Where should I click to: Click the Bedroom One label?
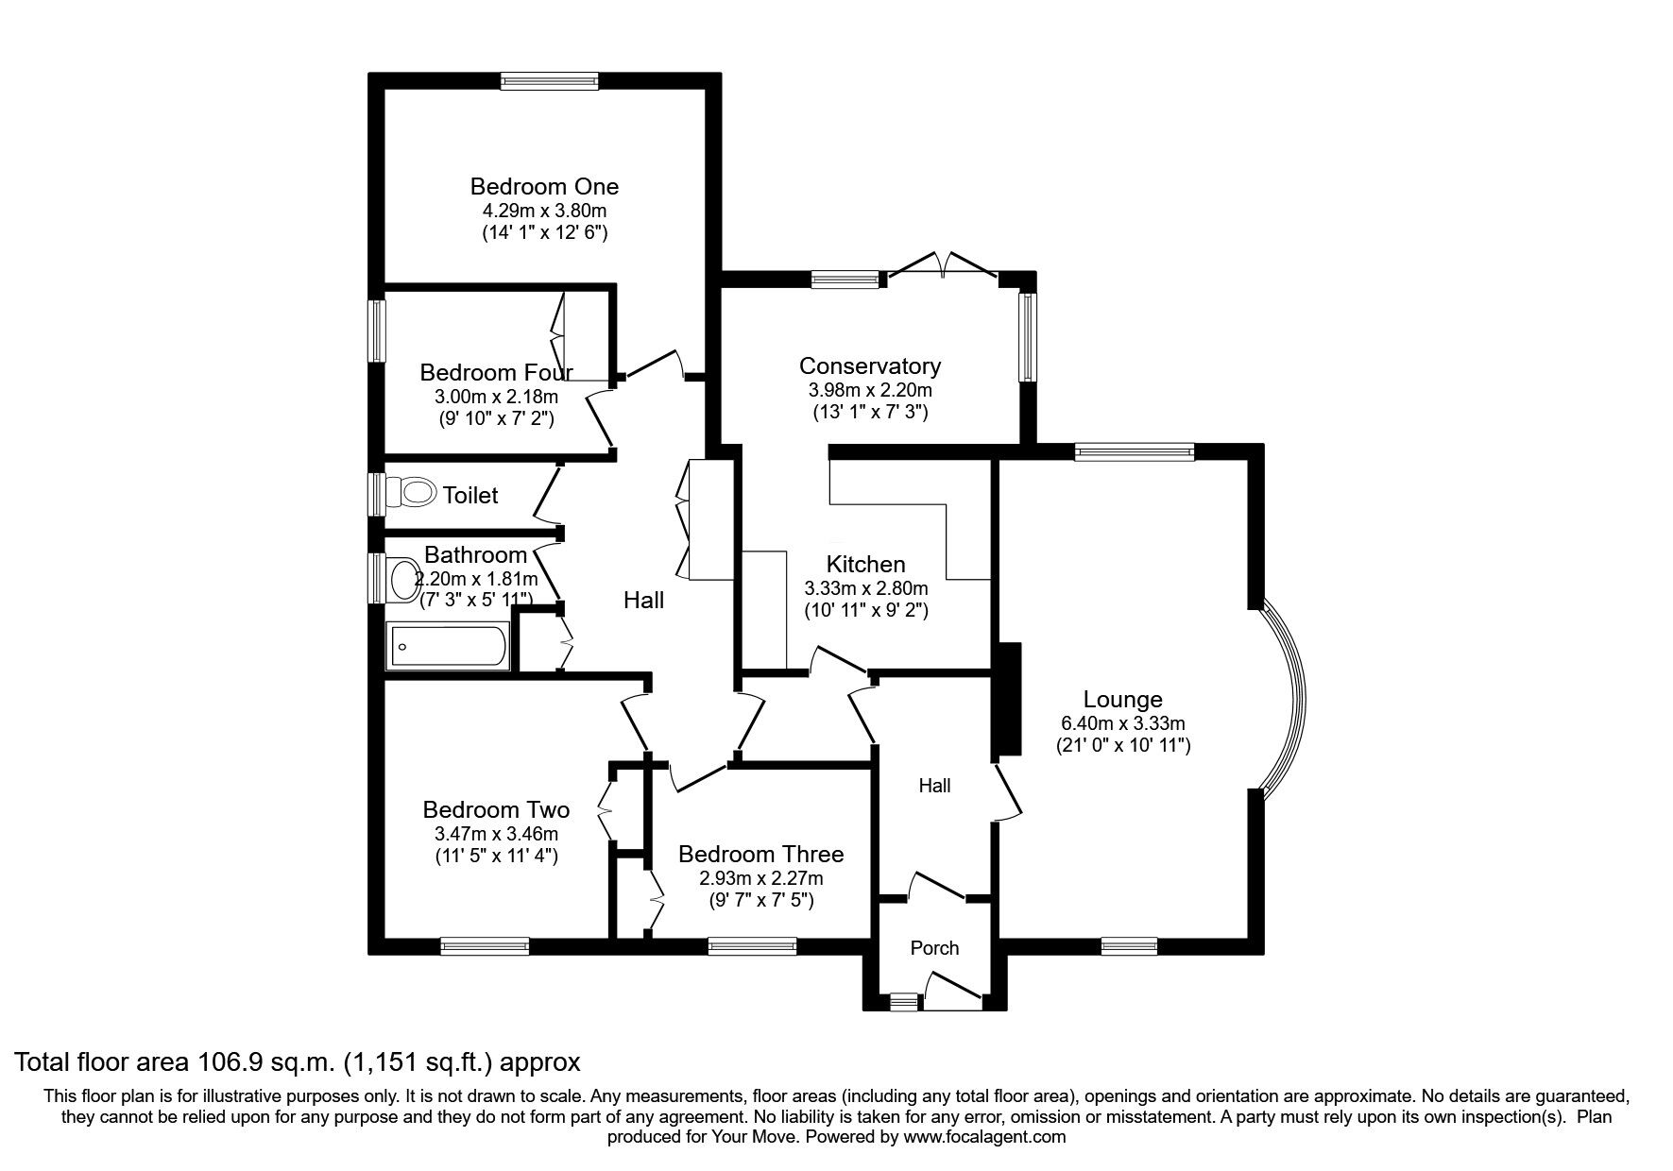(544, 186)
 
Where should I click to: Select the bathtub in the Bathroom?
(448, 647)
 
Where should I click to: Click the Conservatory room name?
(870, 366)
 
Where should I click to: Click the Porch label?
(934, 948)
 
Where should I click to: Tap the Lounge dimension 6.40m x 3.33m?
(1123, 724)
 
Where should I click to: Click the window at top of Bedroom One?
(550, 82)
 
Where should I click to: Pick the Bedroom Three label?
(761, 855)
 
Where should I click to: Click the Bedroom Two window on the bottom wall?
(485, 945)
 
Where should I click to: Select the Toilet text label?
(470, 495)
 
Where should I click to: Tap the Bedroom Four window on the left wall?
(377, 331)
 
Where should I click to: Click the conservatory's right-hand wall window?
(1028, 337)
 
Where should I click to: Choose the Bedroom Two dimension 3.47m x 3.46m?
(496, 834)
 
